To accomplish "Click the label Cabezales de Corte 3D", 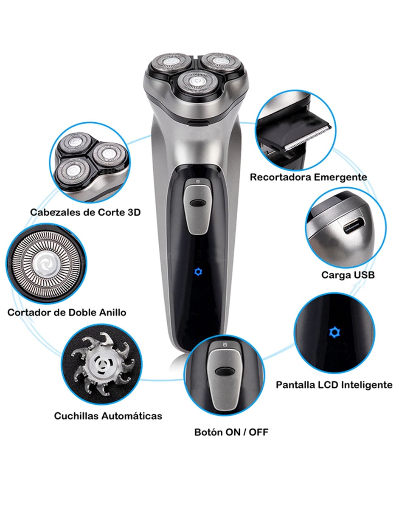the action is click(x=85, y=212).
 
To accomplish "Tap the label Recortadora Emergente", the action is click(x=309, y=177).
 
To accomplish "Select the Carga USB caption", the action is click(x=348, y=275).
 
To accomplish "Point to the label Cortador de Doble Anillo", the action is click(x=67, y=312).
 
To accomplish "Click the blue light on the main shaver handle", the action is click(x=197, y=272).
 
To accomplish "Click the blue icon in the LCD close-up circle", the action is click(x=334, y=333).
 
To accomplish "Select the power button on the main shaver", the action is click(x=198, y=206).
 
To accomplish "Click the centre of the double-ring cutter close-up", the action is click(x=46, y=264).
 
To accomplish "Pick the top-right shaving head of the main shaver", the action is click(x=221, y=62).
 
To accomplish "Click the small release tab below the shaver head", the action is click(x=198, y=123).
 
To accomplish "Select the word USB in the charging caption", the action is click(x=364, y=275).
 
